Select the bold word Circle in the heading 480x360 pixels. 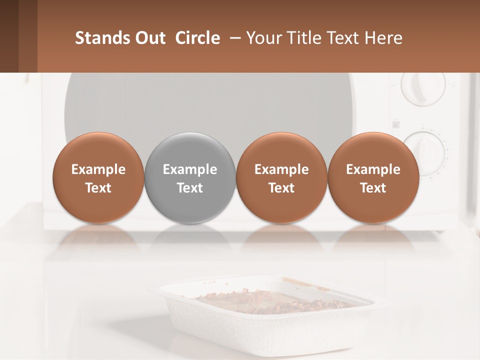(197, 38)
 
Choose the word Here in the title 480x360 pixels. (384, 38)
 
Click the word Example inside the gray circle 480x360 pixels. (190, 169)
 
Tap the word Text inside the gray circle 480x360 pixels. (190, 188)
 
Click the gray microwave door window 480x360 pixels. (210, 102)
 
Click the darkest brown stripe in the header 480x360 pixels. (9, 36)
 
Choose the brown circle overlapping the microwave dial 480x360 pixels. (373, 177)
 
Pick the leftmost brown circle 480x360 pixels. (98, 177)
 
